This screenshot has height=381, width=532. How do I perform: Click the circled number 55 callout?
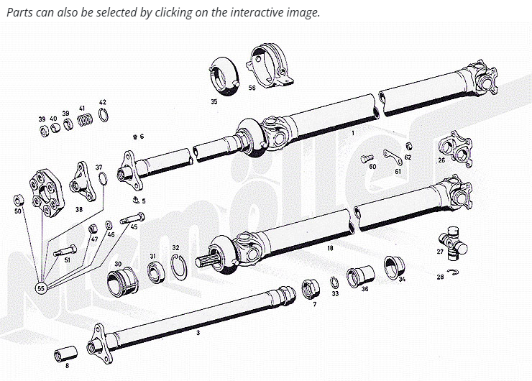click(x=41, y=288)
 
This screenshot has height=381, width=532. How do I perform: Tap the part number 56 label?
click(x=252, y=88)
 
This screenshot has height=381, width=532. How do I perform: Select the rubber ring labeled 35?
click(x=224, y=76)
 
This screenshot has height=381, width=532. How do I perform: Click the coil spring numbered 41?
click(x=85, y=120)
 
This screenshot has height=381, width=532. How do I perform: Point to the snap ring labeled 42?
click(x=104, y=115)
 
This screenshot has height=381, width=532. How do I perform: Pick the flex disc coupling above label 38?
click(x=47, y=193)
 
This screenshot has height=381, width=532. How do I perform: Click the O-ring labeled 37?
click(x=103, y=179)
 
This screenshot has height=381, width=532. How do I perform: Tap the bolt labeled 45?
click(x=132, y=218)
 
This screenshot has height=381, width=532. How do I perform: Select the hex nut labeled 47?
click(x=92, y=229)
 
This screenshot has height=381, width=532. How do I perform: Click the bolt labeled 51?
click(x=65, y=251)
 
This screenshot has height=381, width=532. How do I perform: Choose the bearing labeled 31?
click(x=156, y=272)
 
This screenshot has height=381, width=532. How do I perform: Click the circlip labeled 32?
click(x=178, y=267)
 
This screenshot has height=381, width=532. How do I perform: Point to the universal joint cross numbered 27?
click(x=453, y=244)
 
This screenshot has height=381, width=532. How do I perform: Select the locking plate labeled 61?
click(x=393, y=157)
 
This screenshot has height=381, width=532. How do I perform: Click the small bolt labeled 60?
click(x=367, y=158)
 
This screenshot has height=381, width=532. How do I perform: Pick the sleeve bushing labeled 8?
click(x=66, y=354)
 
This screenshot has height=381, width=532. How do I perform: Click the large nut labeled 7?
click(x=311, y=289)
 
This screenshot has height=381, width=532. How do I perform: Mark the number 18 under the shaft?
click(x=330, y=248)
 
